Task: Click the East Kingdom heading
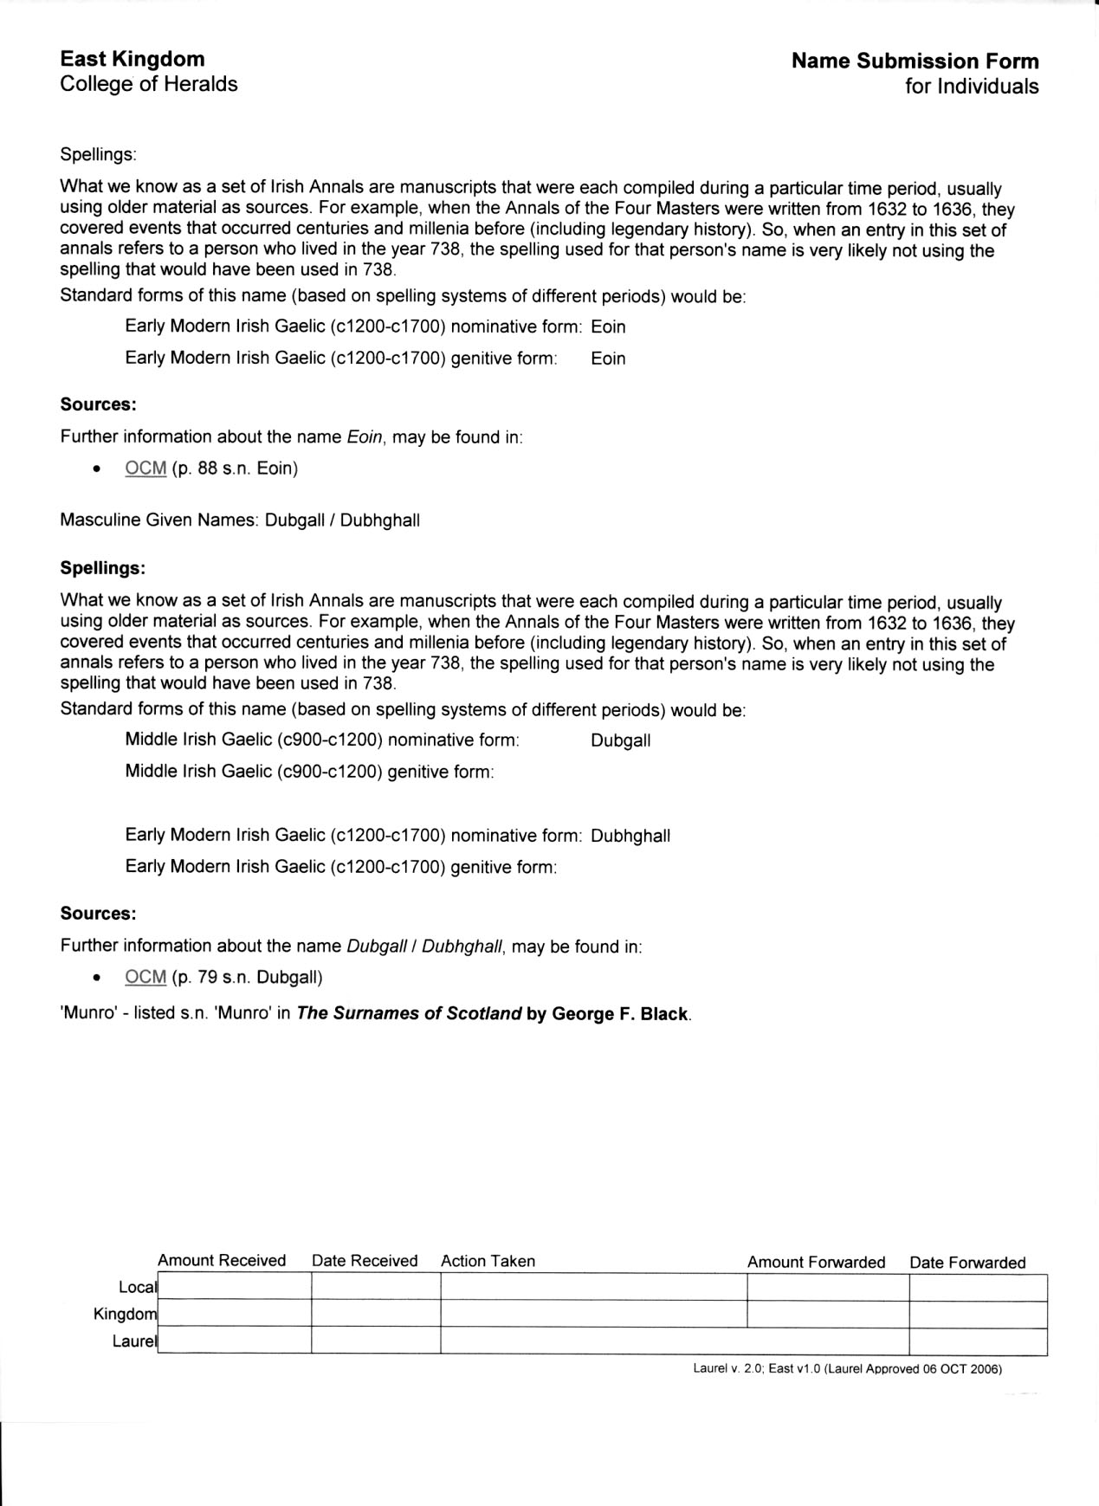133,59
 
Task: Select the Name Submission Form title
915,61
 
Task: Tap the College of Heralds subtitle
149,84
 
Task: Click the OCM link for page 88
145,469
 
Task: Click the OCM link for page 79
145,977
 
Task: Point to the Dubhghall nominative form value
630,836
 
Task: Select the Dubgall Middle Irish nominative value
620,740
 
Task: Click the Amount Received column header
222,1261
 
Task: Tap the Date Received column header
365,1261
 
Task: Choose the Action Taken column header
488,1261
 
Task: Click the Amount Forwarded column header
816,1262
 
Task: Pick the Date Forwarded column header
967,1263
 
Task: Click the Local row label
138,1287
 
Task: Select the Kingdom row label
126,1314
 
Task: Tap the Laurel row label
135,1341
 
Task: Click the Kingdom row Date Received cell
375,1315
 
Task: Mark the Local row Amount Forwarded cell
827,1288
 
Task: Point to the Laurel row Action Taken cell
674,1341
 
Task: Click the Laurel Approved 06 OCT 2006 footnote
847,1369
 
